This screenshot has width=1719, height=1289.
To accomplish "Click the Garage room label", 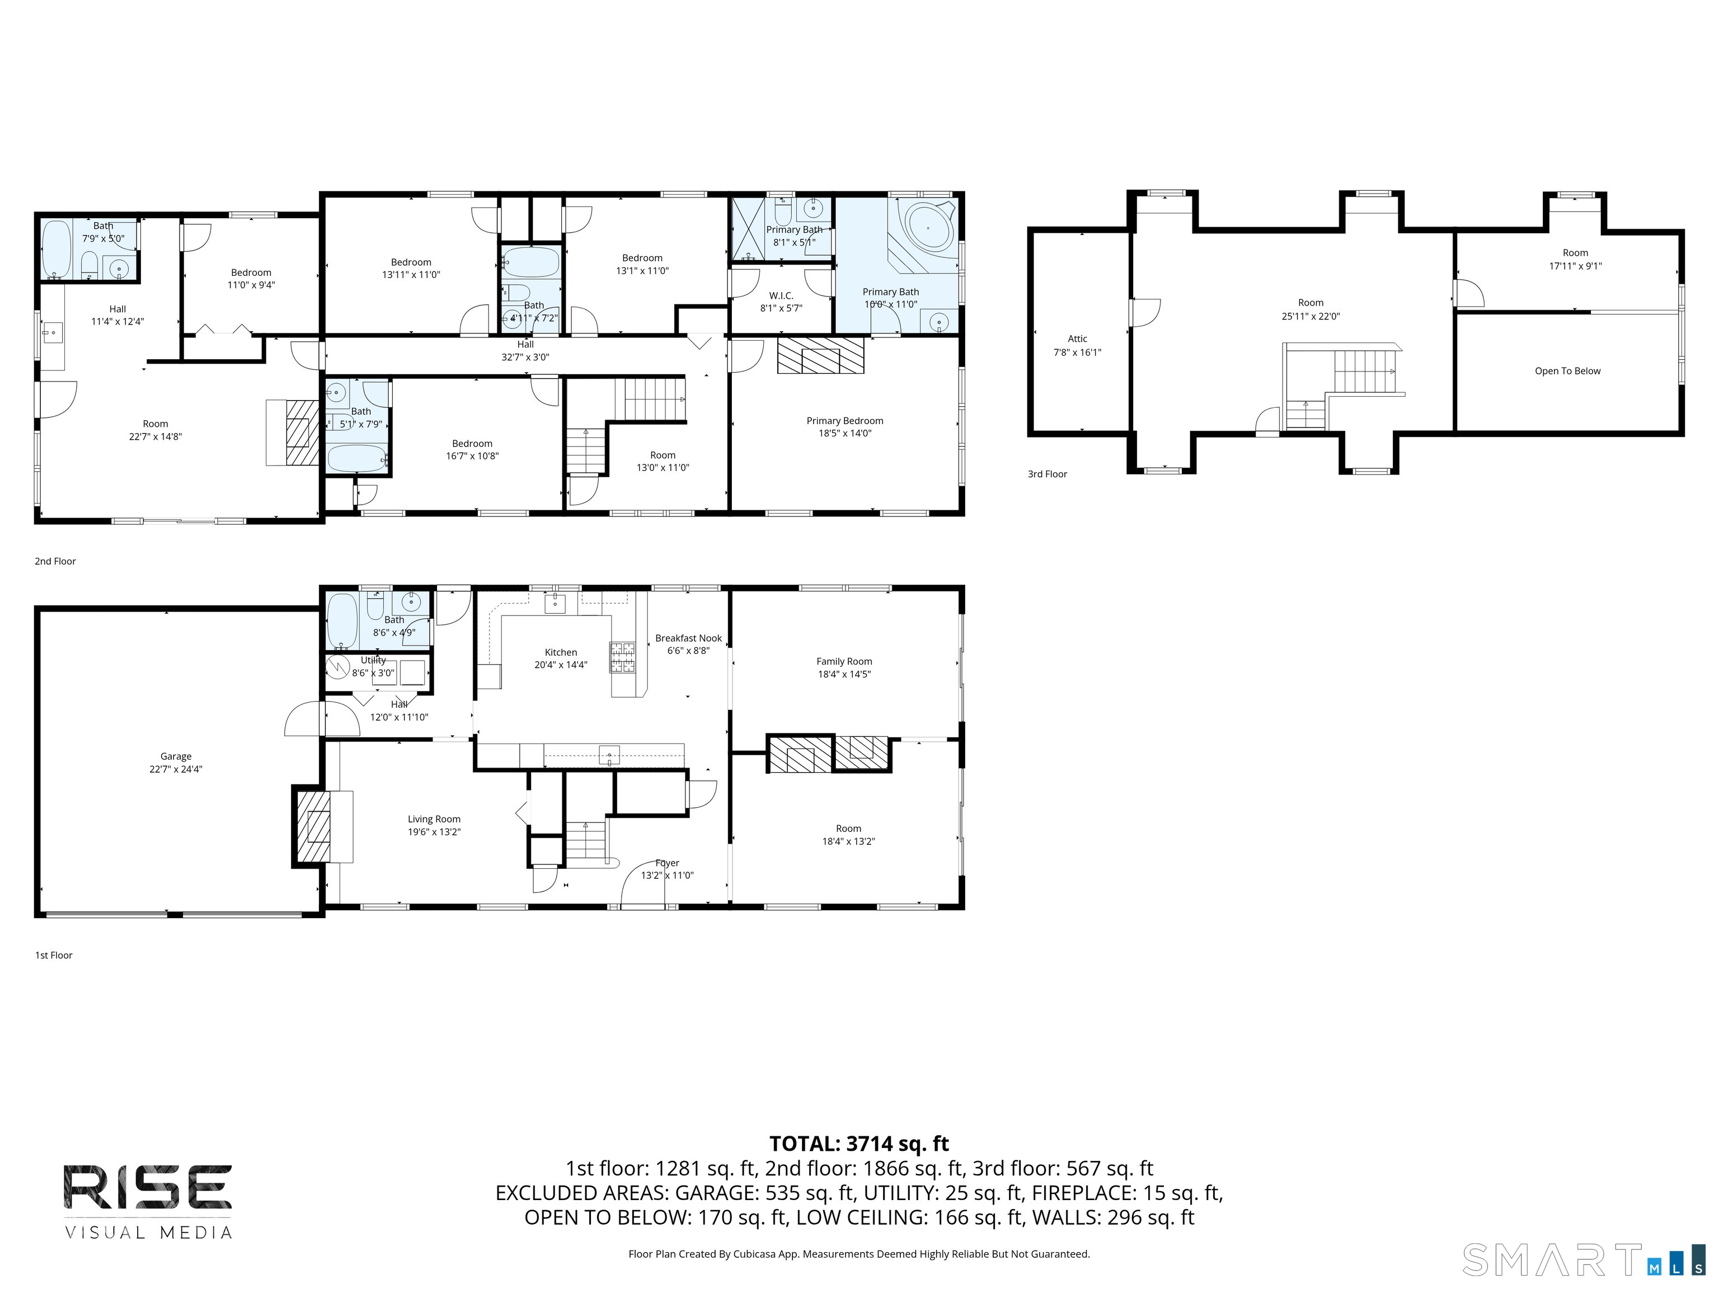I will point(176,756).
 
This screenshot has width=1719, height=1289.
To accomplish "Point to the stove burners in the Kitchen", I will point(622,657).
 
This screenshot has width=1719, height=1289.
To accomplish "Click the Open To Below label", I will point(1567,371).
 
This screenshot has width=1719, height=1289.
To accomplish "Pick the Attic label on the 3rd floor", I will point(1077,339).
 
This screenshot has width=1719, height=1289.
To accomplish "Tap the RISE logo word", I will point(148,1187).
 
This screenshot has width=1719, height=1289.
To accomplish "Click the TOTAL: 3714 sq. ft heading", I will point(859,1144).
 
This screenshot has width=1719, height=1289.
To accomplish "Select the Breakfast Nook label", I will point(688,638).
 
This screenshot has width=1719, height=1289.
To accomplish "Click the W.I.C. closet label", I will point(781,295).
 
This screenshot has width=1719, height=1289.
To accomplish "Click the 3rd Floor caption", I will point(1047,474).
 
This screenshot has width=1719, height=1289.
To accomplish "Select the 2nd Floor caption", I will point(55,561).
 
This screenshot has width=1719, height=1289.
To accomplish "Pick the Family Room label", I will point(844,661).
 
